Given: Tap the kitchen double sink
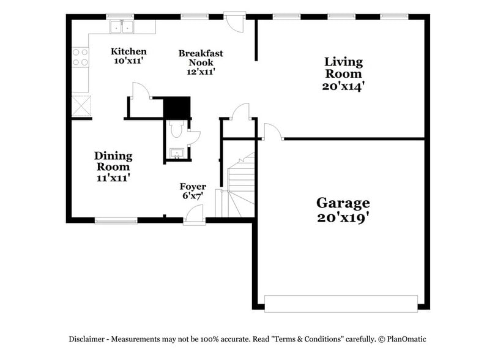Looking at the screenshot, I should [x=122, y=26].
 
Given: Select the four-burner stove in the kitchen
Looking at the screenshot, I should [x=80, y=58].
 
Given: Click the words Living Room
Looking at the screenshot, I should [x=343, y=67].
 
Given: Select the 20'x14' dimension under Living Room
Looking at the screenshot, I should [x=343, y=86].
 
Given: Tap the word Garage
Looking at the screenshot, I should [x=343, y=203].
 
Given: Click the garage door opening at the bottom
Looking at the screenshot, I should [x=341, y=301].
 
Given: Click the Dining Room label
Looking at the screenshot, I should [x=113, y=161].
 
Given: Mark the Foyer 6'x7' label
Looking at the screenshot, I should [x=192, y=190].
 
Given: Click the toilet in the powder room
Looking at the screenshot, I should [x=177, y=129].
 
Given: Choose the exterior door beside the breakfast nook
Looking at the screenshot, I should [x=234, y=23].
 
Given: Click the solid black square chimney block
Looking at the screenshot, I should [x=177, y=107].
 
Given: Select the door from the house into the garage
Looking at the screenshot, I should [x=272, y=132].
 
